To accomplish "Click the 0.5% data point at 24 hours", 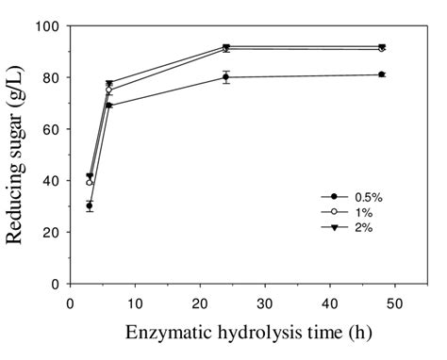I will tap(226, 77).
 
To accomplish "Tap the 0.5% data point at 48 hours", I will tap(381, 74).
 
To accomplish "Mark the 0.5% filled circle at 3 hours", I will tap(90, 205).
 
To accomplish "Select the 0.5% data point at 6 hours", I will tap(109, 106).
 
